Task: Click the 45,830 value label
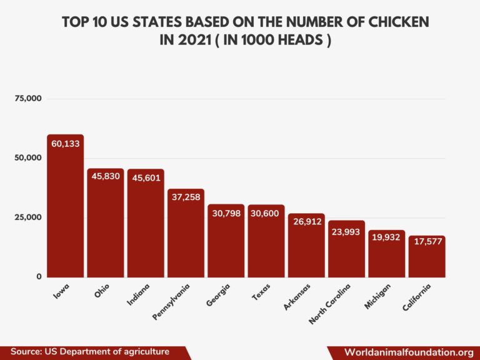click(x=105, y=176)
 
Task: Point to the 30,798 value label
click(x=226, y=213)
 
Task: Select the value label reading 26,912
click(x=306, y=221)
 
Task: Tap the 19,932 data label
click(x=386, y=237)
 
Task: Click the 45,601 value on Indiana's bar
click(x=146, y=177)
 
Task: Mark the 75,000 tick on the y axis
click(x=29, y=99)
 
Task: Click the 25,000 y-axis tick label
click(x=29, y=217)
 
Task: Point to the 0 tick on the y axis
click(x=39, y=276)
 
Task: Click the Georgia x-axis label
click(x=219, y=296)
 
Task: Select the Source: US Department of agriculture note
click(x=90, y=352)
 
